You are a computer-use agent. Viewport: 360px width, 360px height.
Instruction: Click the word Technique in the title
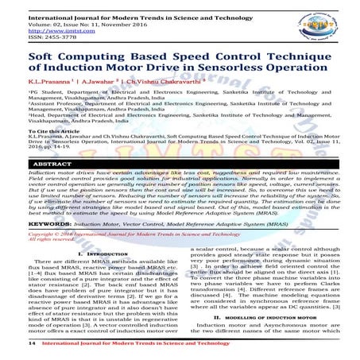(294, 60)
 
